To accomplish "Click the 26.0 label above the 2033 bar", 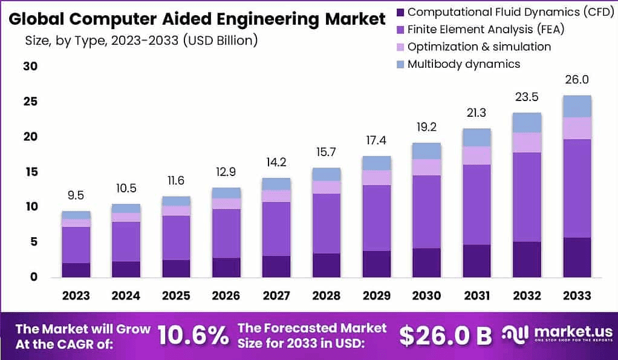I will (576, 80).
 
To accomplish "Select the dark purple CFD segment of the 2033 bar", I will (576, 257).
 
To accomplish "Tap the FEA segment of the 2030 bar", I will (427, 212).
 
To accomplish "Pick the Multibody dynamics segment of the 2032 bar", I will (527, 122).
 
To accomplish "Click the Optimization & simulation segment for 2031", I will (477, 155).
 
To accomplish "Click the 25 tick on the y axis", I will (30, 101).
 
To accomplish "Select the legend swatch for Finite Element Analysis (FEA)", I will (400, 29).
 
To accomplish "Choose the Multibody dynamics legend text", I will (464, 64).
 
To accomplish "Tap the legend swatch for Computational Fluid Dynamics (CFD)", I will (400, 11).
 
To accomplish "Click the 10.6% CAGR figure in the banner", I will (194, 335).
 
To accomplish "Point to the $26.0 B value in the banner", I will (446, 336).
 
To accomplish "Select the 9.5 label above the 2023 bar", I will (76, 195).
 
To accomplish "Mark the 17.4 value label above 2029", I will (377, 140).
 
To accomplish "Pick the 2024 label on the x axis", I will (126, 296).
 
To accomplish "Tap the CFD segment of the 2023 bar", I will (76, 270).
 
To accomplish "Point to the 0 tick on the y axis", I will (34, 277).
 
